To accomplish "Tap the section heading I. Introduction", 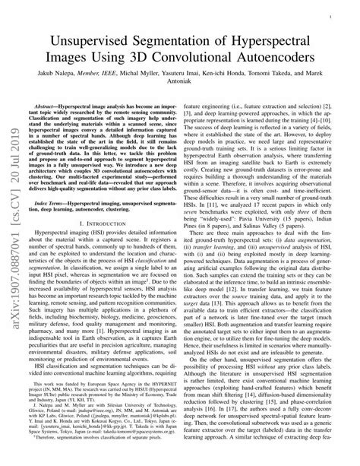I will [x=112, y=250].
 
